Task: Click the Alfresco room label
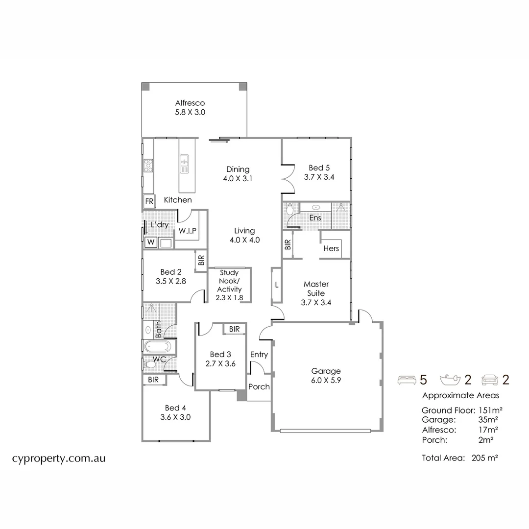[x=190, y=103]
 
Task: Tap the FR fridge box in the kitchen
[x=149, y=202]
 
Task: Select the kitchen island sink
[x=185, y=161]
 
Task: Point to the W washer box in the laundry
[x=150, y=242]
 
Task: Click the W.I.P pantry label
[x=188, y=230]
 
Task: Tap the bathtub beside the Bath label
[x=158, y=347]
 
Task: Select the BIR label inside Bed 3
[x=234, y=329]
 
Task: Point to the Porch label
[x=259, y=386]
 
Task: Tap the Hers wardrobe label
[x=331, y=248]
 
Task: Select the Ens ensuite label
[x=315, y=217]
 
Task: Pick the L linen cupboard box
[x=277, y=285]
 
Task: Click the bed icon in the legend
[x=406, y=379]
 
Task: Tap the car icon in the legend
[x=490, y=379]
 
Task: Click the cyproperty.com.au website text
[x=59, y=458]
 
